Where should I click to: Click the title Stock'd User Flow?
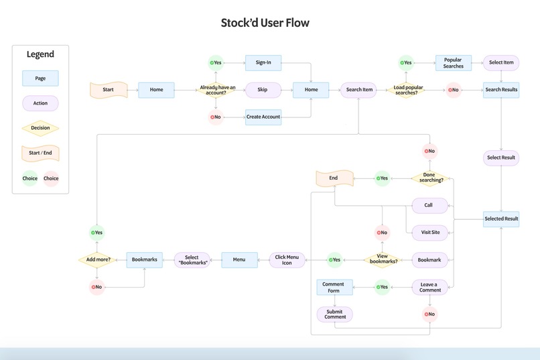click(265, 23)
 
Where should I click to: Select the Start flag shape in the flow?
click(108, 90)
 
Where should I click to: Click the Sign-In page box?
click(263, 63)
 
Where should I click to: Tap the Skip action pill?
click(263, 90)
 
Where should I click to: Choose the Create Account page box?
click(263, 117)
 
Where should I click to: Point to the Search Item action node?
click(359, 90)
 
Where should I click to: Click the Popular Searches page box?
click(453, 63)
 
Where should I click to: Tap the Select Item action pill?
click(501, 63)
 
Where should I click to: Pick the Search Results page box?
click(501, 90)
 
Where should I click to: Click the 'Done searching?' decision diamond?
click(429, 178)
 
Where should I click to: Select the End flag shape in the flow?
click(334, 178)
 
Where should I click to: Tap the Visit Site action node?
click(429, 233)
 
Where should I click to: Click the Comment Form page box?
click(334, 287)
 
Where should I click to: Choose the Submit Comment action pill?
click(334, 314)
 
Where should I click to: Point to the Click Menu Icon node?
click(287, 259)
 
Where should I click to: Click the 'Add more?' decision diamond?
click(97, 259)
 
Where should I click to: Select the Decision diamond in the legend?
click(40, 128)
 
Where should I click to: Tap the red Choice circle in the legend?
click(51, 178)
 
